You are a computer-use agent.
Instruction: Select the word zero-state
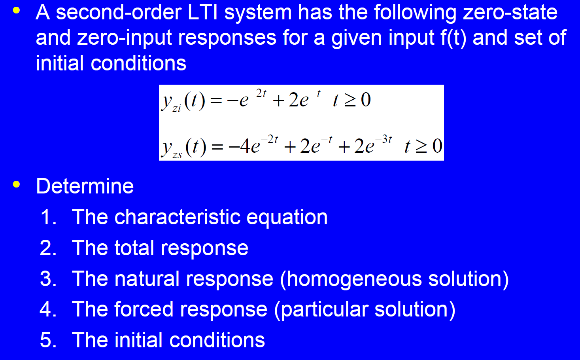510,12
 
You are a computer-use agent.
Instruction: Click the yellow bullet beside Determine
16,184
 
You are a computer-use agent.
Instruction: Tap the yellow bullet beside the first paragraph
16,10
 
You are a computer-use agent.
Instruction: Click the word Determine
85,186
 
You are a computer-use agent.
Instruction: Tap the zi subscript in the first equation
177,108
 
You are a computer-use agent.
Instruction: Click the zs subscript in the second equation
177,155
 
